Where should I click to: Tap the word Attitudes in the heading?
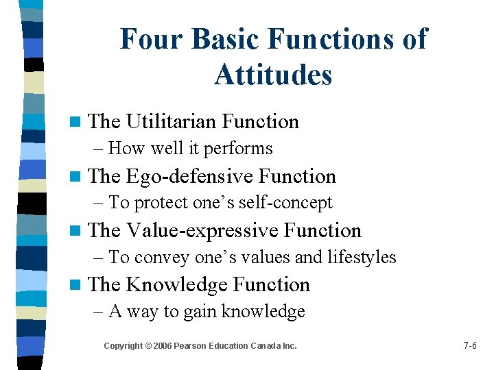click(273, 75)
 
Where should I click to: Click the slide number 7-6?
click(470, 346)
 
